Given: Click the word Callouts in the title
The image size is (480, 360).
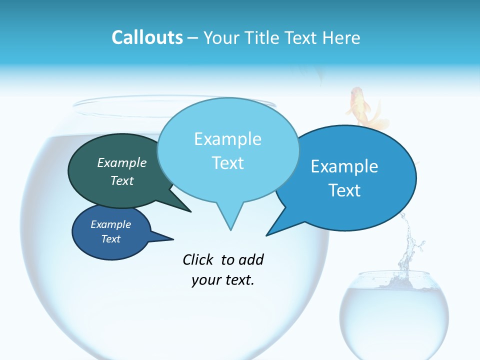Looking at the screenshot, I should point(147,37).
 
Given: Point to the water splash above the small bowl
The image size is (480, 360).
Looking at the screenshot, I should point(409,245).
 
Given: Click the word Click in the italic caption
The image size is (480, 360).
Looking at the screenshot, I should point(199,259).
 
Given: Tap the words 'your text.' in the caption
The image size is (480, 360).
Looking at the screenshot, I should point(223,280).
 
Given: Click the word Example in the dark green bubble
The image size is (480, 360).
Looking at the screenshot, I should point(122,163).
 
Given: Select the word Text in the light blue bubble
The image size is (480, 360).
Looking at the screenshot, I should point(228,163).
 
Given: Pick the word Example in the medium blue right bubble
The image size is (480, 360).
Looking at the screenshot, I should point(344,166).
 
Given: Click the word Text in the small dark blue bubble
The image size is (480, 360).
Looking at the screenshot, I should point(111,239).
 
